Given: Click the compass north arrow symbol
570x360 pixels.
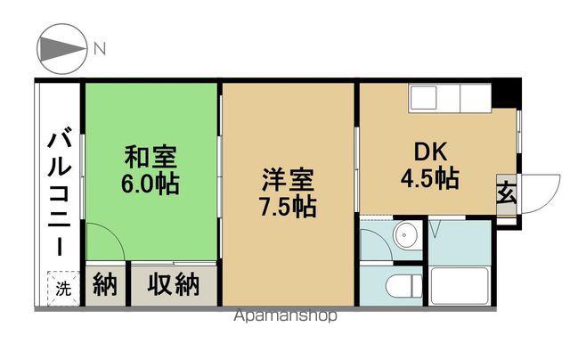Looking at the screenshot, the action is tap(62, 49).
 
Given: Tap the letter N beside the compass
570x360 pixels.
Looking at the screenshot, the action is tap(100, 49).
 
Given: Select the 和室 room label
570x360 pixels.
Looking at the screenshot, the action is tap(151, 157).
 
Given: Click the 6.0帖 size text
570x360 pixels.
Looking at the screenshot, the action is tap(151, 184).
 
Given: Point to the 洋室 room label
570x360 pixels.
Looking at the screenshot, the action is tap(288, 180).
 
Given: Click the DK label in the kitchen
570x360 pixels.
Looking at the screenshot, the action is tap(430, 152).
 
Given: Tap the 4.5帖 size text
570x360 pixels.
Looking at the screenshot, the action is tap(430, 178).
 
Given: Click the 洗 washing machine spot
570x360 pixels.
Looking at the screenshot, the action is tap(63, 289).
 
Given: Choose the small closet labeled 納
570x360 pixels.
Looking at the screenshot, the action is tap(105, 284).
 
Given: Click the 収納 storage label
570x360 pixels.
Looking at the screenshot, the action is tap(174, 284).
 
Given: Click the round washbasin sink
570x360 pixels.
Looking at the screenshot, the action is tap(404, 235).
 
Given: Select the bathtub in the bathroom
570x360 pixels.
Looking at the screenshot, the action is tap(459, 286).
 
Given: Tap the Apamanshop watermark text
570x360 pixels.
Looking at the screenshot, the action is tap(285, 315).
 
